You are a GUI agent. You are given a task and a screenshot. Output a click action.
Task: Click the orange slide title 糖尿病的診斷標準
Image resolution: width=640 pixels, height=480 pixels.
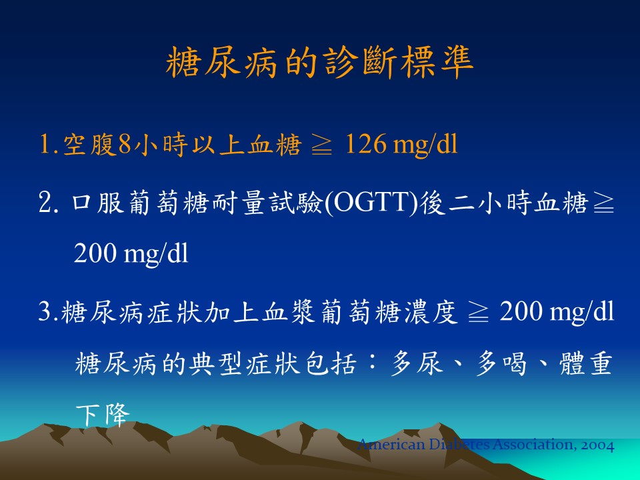pyautogui.click(x=319, y=62)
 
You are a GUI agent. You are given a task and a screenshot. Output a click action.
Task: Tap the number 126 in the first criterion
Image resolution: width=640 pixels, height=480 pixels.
pyautogui.click(x=365, y=144)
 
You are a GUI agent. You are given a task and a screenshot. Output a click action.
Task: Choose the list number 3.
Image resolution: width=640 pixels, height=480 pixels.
pyautogui.click(x=44, y=311)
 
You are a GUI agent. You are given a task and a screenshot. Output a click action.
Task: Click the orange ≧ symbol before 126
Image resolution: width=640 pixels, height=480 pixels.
pyautogui.click(x=322, y=145)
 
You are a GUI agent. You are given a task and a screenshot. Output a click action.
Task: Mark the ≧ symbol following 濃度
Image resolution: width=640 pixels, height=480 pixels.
pyautogui.click(x=479, y=312)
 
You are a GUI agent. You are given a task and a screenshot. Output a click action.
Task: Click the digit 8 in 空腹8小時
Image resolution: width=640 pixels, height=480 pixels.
pyautogui.click(x=124, y=145)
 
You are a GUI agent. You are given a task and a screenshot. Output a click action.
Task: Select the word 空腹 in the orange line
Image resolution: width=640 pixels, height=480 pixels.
pyautogui.click(x=90, y=145)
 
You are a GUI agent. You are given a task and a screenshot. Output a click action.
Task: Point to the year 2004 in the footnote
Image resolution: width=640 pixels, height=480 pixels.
pyautogui.click(x=598, y=445)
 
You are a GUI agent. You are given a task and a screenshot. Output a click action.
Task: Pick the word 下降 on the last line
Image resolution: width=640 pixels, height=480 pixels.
pyautogui.click(x=103, y=415)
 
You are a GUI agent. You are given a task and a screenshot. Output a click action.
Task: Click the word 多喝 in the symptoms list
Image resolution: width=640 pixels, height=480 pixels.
pyautogui.click(x=501, y=363)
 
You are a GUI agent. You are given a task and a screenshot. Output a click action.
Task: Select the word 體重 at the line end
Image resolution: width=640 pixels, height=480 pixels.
pyautogui.click(x=586, y=363)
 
